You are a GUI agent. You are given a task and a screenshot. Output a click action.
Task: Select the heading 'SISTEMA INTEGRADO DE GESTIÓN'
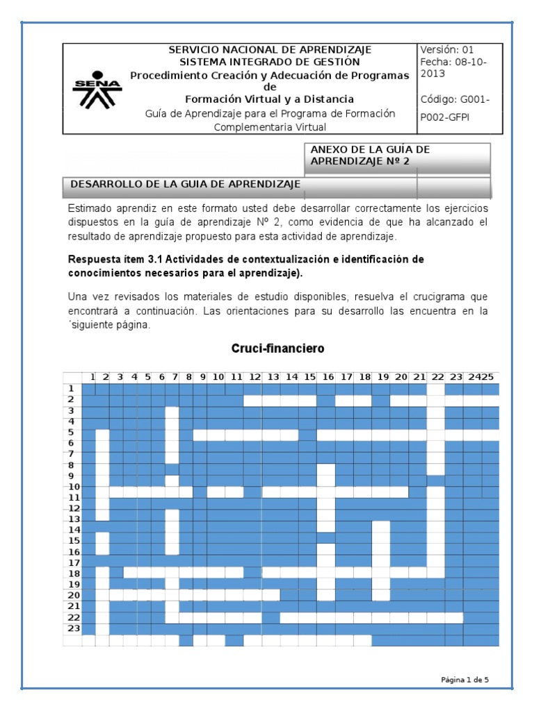pos(270,61)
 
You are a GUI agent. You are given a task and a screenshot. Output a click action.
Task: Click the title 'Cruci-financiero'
pos(277,348)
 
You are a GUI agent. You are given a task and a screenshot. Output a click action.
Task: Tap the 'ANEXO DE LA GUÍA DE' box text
pos(370,149)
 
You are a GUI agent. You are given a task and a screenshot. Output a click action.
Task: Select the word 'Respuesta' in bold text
pos(95,259)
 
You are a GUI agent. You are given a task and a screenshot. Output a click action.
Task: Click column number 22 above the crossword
pos(437,377)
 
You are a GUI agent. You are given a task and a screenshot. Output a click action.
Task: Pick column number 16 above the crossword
pos(327,377)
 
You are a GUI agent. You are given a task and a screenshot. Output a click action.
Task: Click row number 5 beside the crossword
pos(71,431)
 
